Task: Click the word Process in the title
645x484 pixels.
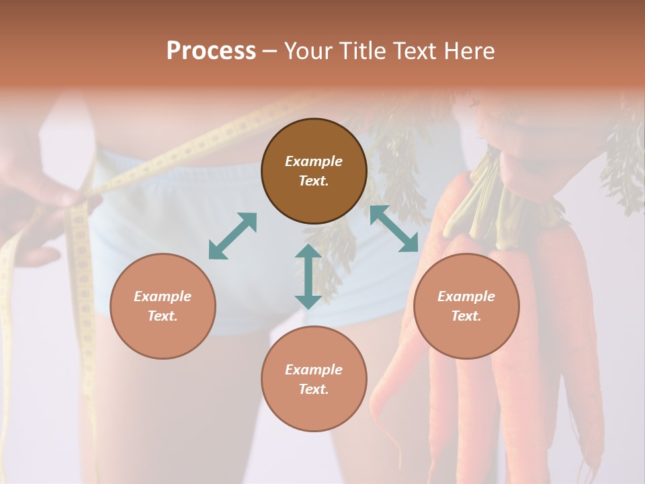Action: tap(211, 51)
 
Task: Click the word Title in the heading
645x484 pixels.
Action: tap(361, 51)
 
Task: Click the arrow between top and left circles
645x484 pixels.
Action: tap(232, 235)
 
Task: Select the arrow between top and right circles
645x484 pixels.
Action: tap(394, 229)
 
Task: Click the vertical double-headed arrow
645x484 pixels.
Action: tap(308, 276)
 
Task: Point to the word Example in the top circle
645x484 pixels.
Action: tap(314, 161)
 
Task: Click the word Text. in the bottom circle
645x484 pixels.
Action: tap(314, 389)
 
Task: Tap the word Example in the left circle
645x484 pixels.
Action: tap(163, 296)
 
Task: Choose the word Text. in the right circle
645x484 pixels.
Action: tap(466, 316)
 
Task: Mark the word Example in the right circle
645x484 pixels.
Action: tap(466, 296)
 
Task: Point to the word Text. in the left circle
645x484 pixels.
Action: tap(163, 316)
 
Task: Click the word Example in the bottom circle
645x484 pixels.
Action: tap(314, 370)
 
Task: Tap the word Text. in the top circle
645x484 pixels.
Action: tap(314, 181)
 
